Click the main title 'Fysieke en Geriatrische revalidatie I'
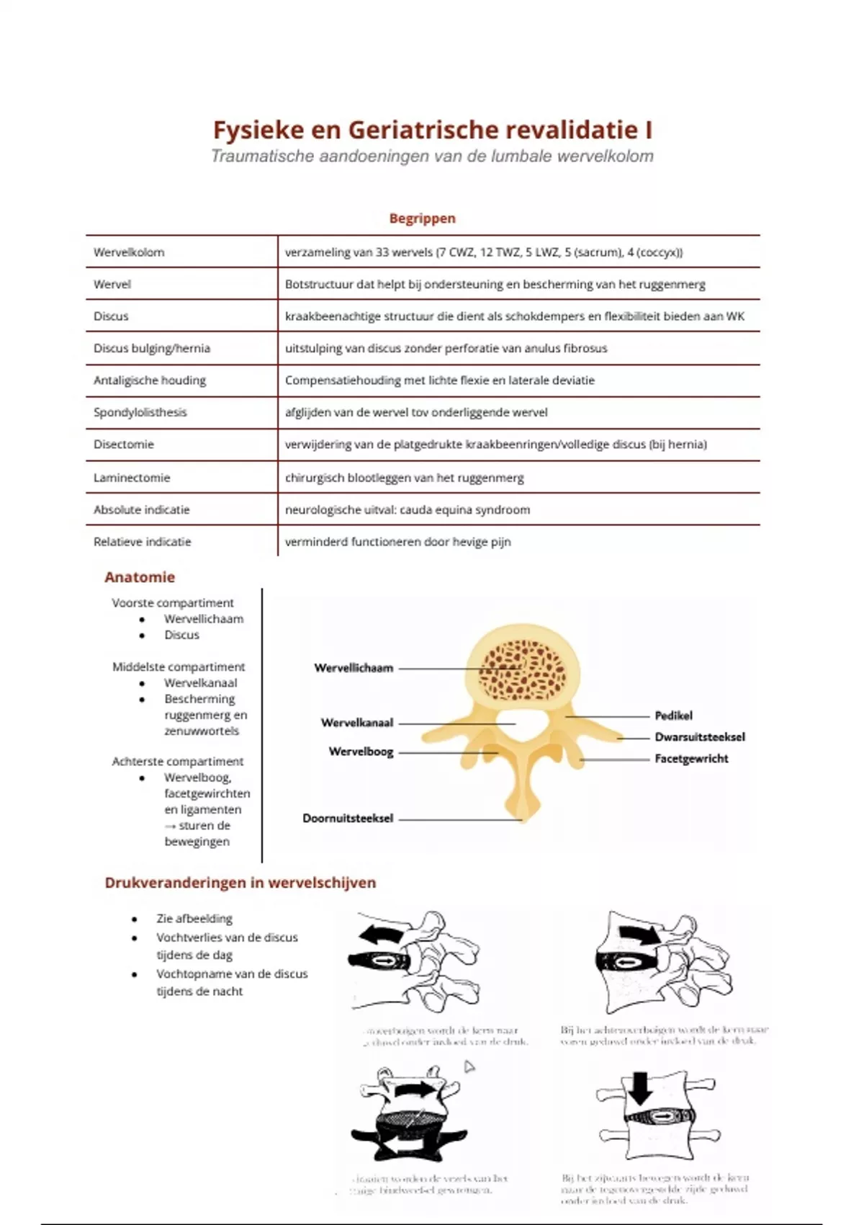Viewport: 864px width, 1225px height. (x=432, y=130)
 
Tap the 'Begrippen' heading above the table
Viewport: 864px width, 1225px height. (x=422, y=218)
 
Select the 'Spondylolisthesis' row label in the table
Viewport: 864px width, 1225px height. (x=140, y=412)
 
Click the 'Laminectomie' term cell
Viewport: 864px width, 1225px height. (x=132, y=477)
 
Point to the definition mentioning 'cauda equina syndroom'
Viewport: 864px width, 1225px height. (x=407, y=509)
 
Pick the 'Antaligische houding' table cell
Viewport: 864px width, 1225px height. (x=149, y=380)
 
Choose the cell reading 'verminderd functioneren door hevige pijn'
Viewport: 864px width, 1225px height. (x=397, y=541)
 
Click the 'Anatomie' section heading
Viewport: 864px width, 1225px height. (x=140, y=576)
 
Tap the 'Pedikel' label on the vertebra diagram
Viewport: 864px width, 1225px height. (x=673, y=716)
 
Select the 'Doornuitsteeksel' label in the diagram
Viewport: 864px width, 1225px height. (x=348, y=818)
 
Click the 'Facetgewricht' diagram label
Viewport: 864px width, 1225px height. (x=691, y=758)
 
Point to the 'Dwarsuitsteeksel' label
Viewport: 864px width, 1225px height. (x=699, y=736)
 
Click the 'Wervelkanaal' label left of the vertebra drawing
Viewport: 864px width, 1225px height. (x=357, y=722)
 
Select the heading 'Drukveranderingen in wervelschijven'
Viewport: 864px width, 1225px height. (x=240, y=883)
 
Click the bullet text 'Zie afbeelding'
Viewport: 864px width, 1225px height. (x=194, y=919)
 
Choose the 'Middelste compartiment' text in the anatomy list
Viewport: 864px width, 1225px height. (x=178, y=667)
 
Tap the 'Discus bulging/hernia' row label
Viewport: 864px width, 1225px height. (x=151, y=348)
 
